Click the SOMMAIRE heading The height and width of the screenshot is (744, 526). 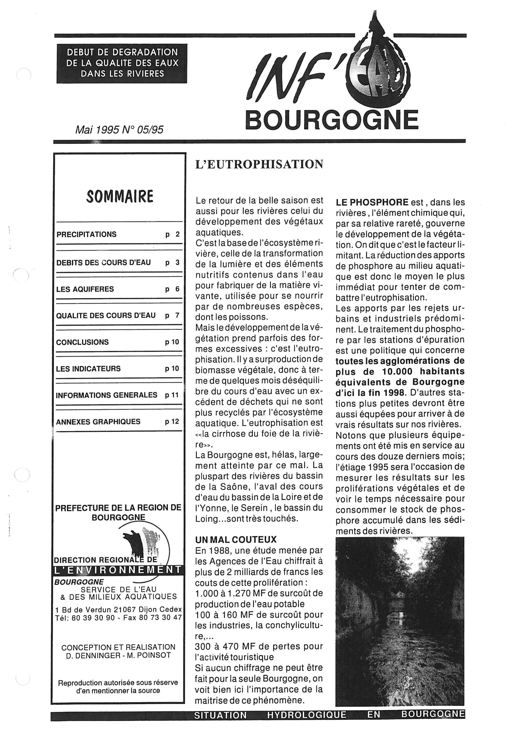click(119, 196)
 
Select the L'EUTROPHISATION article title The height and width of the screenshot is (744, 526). click(259, 164)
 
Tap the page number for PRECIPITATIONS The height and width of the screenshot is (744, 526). click(173, 234)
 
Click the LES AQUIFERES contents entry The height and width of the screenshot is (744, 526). click(85, 289)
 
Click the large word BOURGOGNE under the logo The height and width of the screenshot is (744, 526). click(332, 120)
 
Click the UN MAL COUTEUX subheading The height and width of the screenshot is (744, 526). click(236, 539)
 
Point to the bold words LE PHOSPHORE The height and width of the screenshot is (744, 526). click(372, 203)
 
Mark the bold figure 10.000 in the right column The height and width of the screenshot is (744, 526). click(397, 371)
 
